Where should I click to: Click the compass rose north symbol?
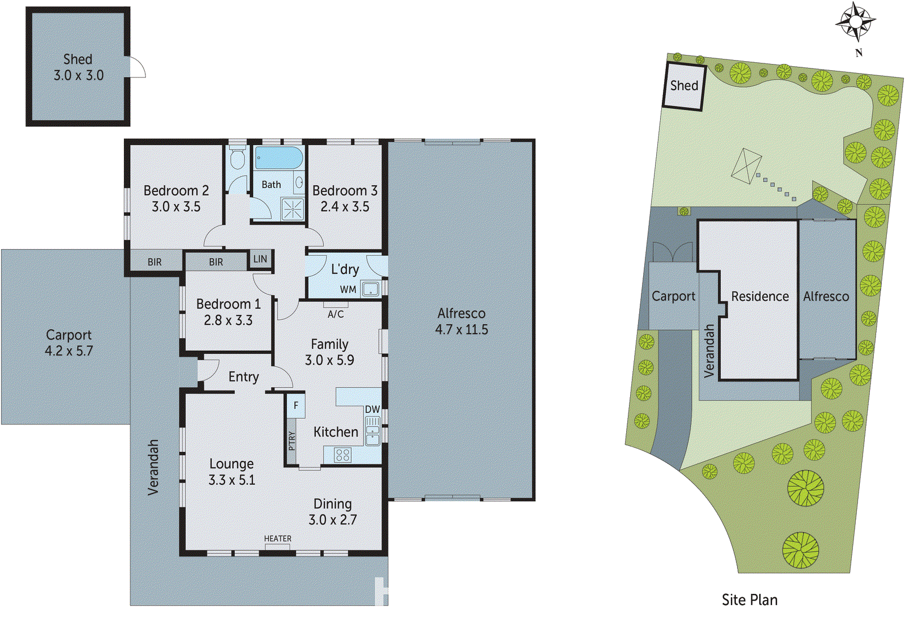tap(856, 22)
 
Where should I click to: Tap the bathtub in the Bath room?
tap(278, 158)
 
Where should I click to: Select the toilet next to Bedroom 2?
tap(237, 158)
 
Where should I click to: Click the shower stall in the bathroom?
tap(292, 208)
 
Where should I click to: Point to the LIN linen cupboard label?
tap(260, 259)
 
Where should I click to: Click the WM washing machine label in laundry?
tap(348, 290)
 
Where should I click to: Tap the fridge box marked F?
tap(295, 405)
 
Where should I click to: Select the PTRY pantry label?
tap(291, 441)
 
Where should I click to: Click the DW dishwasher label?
tap(372, 409)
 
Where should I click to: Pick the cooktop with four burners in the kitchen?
tap(342, 455)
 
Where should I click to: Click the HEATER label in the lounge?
tap(278, 539)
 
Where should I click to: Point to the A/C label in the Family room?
tap(335, 314)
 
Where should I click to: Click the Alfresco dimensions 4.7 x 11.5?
tap(461, 329)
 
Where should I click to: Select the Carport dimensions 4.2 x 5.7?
tap(68, 351)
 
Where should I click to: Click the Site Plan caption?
tap(749, 600)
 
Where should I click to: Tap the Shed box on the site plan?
tap(684, 86)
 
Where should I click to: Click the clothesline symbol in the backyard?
tap(746, 166)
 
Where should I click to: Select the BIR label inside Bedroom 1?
tap(216, 262)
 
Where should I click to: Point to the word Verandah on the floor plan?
tap(153, 468)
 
